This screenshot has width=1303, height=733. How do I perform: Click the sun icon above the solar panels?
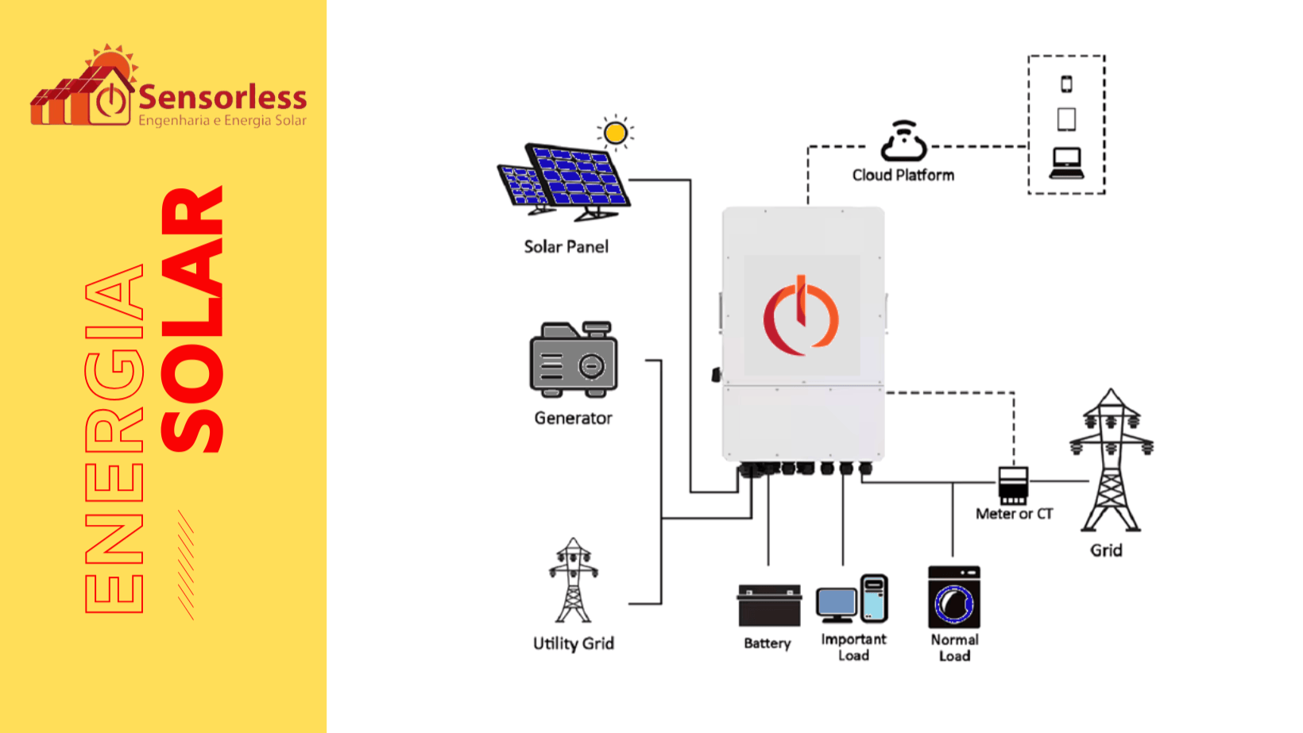point(616,133)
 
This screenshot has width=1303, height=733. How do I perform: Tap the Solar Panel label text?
point(566,247)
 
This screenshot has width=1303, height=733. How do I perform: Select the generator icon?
point(574,359)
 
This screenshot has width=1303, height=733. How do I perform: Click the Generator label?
point(573,419)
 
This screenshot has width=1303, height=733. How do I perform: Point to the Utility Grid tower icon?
point(573,581)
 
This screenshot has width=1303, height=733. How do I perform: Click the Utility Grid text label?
point(573,643)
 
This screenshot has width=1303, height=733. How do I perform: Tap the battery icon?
point(768,606)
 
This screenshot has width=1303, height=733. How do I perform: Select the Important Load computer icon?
point(852,600)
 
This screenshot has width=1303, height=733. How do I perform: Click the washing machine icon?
point(953,597)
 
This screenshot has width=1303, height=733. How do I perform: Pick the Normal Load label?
point(954,647)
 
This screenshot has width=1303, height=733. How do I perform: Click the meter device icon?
point(1013,485)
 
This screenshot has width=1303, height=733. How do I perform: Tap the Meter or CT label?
point(1014,515)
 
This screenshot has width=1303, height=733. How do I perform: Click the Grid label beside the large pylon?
point(1106,550)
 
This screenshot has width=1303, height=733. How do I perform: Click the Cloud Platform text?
point(903,176)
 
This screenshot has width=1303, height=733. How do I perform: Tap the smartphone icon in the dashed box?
point(1066,84)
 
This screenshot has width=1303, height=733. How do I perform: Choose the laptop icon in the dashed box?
point(1066,164)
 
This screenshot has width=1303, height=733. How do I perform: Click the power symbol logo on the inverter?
point(801,316)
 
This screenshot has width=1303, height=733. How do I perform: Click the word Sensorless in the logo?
point(222,98)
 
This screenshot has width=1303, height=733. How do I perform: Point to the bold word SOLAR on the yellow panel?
point(192,319)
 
